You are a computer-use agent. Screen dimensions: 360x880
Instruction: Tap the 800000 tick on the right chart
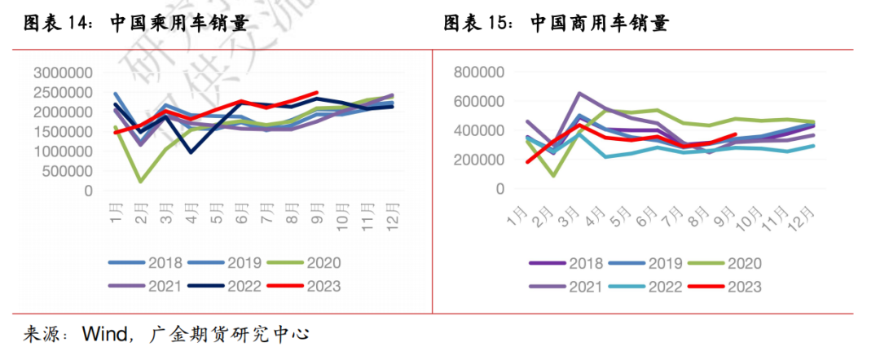481,72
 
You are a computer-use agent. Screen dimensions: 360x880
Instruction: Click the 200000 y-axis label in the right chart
481,160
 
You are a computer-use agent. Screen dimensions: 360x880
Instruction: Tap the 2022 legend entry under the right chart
661,287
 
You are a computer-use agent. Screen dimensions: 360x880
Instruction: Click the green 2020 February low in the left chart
140,181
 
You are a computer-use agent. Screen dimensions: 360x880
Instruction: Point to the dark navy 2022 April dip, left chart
191,152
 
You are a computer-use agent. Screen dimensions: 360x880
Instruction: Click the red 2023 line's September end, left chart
316,93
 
